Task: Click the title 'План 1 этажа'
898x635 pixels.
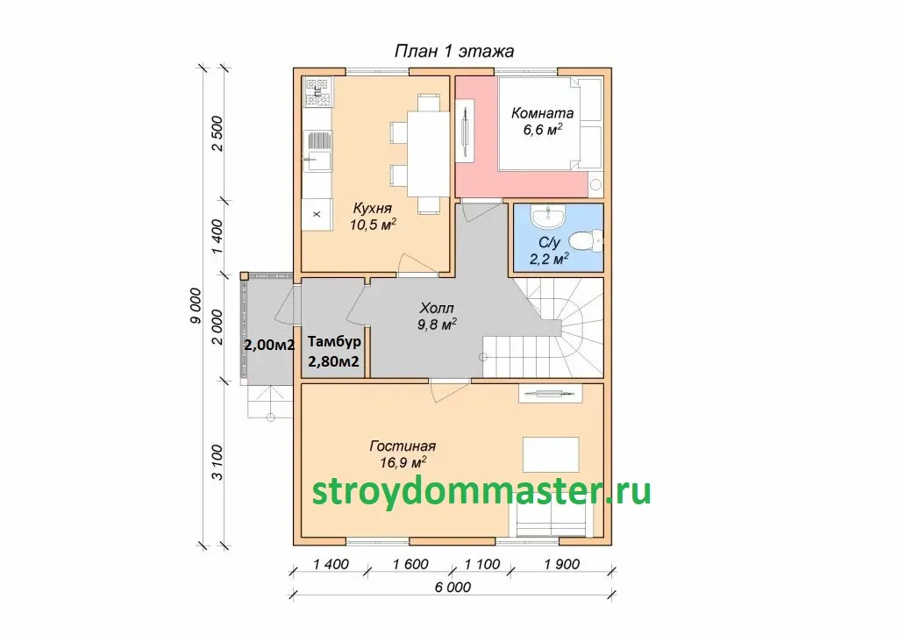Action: [x=454, y=51]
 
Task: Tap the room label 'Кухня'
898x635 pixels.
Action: [x=372, y=208]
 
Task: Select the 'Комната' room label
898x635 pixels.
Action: [x=542, y=113]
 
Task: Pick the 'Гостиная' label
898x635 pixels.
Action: [x=403, y=446]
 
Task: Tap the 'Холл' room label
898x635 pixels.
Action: [x=437, y=308]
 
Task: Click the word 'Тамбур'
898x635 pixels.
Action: [x=334, y=342]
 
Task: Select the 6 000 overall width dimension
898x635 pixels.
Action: [x=453, y=587]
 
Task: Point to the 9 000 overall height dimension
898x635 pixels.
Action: [x=196, y=306]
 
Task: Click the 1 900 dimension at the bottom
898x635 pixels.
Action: [x=562, y=564]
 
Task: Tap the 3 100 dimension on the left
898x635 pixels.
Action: [x=217, y=462]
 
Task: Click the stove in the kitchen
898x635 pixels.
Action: [x=317, y=92]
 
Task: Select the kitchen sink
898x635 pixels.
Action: [x=317, y=161]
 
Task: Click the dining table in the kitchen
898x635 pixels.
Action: [x=428, y=153]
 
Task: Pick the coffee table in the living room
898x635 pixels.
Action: [x=551, y=454]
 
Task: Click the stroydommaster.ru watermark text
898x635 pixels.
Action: [x=481, y=491]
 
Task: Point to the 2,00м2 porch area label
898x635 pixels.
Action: [x=269, y=346]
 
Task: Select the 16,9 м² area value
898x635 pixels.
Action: [x=403, y=462]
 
